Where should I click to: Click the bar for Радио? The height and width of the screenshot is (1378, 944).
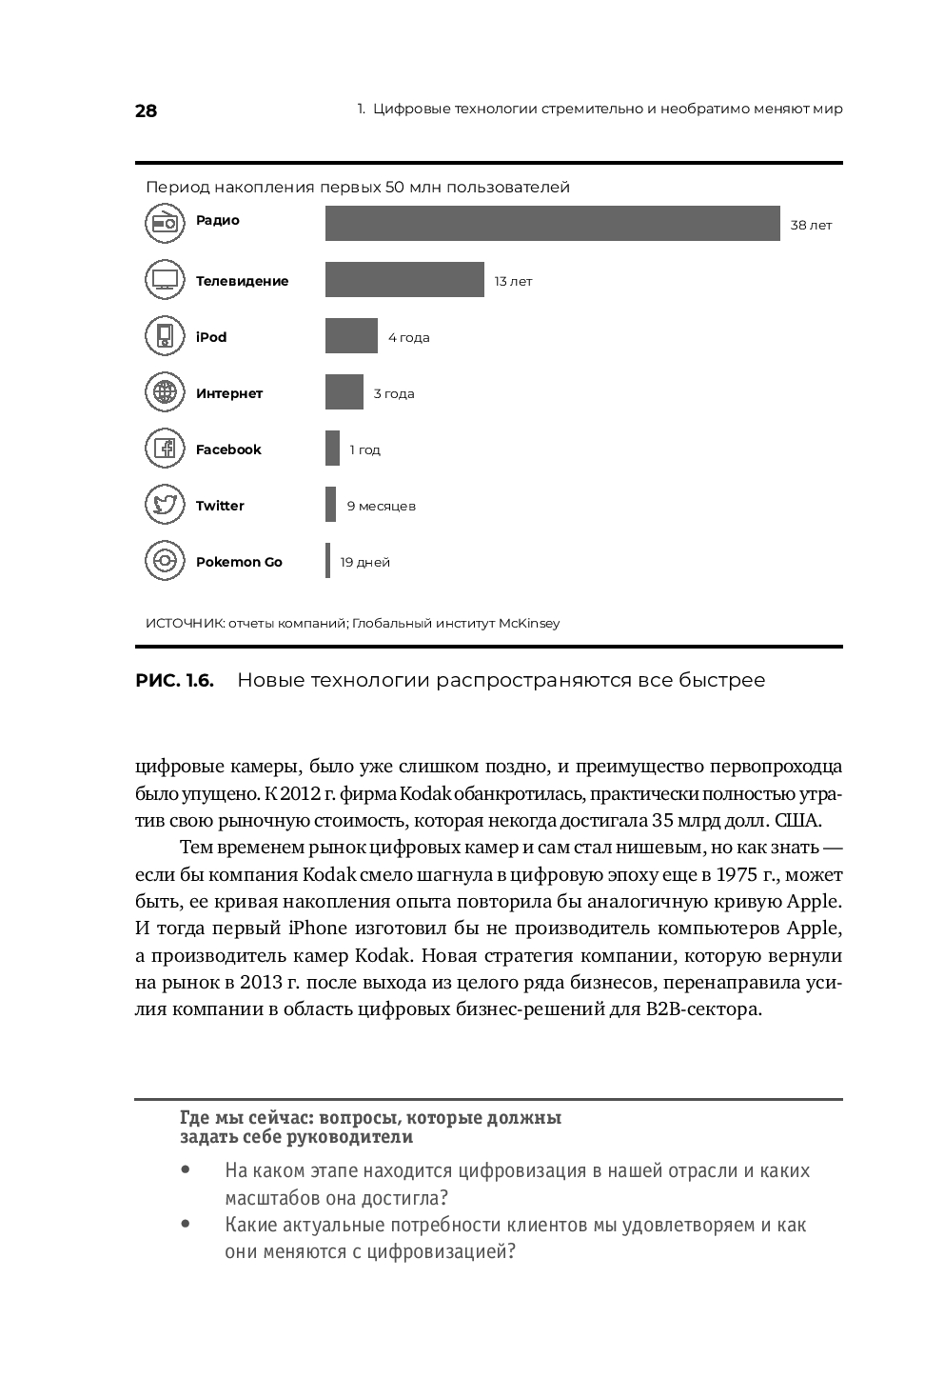pos(552,224)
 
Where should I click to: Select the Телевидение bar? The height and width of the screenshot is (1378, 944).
pos(404,280)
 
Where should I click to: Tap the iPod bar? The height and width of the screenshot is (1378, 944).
pos(351,336)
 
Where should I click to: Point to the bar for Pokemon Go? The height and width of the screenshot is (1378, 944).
pos(328,561)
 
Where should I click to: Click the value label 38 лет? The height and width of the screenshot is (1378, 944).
pos(811,226)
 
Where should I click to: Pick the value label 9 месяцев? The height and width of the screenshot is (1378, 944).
pos(381,506)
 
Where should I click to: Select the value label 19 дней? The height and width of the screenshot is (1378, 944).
pos(365,562)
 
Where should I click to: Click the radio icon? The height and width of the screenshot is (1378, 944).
pos(165,224)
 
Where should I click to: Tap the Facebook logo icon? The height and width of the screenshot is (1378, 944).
pos(165,449)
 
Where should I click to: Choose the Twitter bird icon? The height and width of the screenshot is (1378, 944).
pos(165,505)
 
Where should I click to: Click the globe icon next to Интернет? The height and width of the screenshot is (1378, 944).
pos(165,392)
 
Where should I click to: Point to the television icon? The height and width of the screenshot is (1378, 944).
pos(165,280)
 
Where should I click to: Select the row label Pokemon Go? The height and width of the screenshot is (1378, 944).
pos(239,562)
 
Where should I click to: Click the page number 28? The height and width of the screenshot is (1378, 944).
pos(146,110)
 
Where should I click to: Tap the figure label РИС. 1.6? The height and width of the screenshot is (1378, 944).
pos(175,680)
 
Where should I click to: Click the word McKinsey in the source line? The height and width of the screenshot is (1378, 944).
pos(529,624)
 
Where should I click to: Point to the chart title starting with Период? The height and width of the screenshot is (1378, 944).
pos(358,188)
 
